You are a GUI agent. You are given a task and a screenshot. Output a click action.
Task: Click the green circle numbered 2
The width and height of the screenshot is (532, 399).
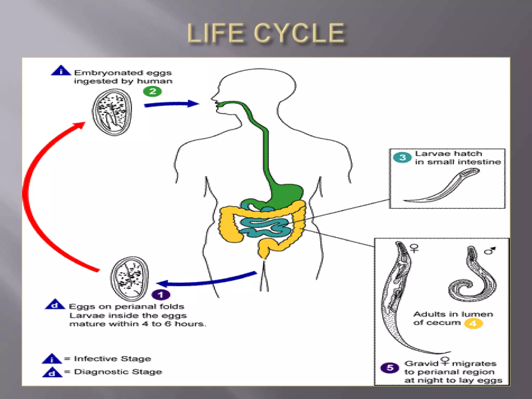pyautogui.click(x=152, y=91)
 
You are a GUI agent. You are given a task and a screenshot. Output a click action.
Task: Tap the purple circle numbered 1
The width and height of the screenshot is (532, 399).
pyautogui.click(x=161, y=295)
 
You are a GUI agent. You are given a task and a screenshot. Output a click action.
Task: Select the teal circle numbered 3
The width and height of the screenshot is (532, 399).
pyautogui.click(x=402, y=157)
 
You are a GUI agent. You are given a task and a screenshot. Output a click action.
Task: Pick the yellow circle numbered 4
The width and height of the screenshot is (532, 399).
pyautogui.click(x=473, y=324)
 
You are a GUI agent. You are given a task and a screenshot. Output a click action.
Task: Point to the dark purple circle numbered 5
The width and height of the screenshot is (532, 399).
pyautogui.click(x=390, y=368)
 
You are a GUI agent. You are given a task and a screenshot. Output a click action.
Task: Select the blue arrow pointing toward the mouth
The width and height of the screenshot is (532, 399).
pyautogui.click(x=171, y=104)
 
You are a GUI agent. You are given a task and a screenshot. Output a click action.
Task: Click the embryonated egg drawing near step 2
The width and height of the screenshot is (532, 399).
pyautogui.click(x=112, y=112)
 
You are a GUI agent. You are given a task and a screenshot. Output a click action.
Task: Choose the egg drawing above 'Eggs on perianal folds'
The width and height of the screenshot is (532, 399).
pyautogui.click(x=130, y=279)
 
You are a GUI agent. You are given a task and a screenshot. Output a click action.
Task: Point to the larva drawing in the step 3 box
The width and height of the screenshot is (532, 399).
pyautogui.click(x=447, y=187)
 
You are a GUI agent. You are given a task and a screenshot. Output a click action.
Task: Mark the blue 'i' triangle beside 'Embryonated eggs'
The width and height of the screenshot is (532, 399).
pyautogui.click(x=61, y=71)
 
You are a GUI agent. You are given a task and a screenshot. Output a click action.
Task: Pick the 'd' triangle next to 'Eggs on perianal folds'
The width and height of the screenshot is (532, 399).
pyautogui.click(x=55, y=305)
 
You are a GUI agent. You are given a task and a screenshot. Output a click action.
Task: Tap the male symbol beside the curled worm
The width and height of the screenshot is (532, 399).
pyautogui.click(x=490, y=250)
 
